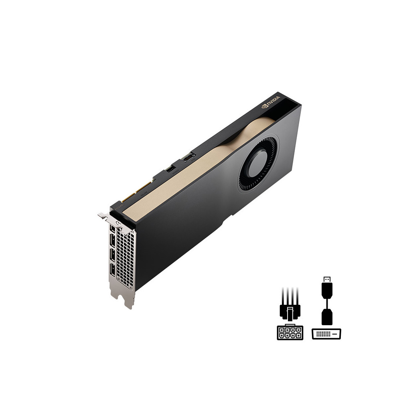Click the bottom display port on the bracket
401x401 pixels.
coord(112,271)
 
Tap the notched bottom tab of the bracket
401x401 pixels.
coord(128,301)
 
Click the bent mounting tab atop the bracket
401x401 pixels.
coord(103,216)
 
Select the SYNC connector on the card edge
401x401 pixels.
coord(187,158)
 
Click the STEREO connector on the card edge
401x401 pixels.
coord(171,170)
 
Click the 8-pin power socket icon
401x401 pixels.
coord(290,332)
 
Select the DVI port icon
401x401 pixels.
coord(326,333)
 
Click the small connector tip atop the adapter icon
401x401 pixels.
coord(327,278)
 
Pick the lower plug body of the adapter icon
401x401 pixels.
coord(327,317)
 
